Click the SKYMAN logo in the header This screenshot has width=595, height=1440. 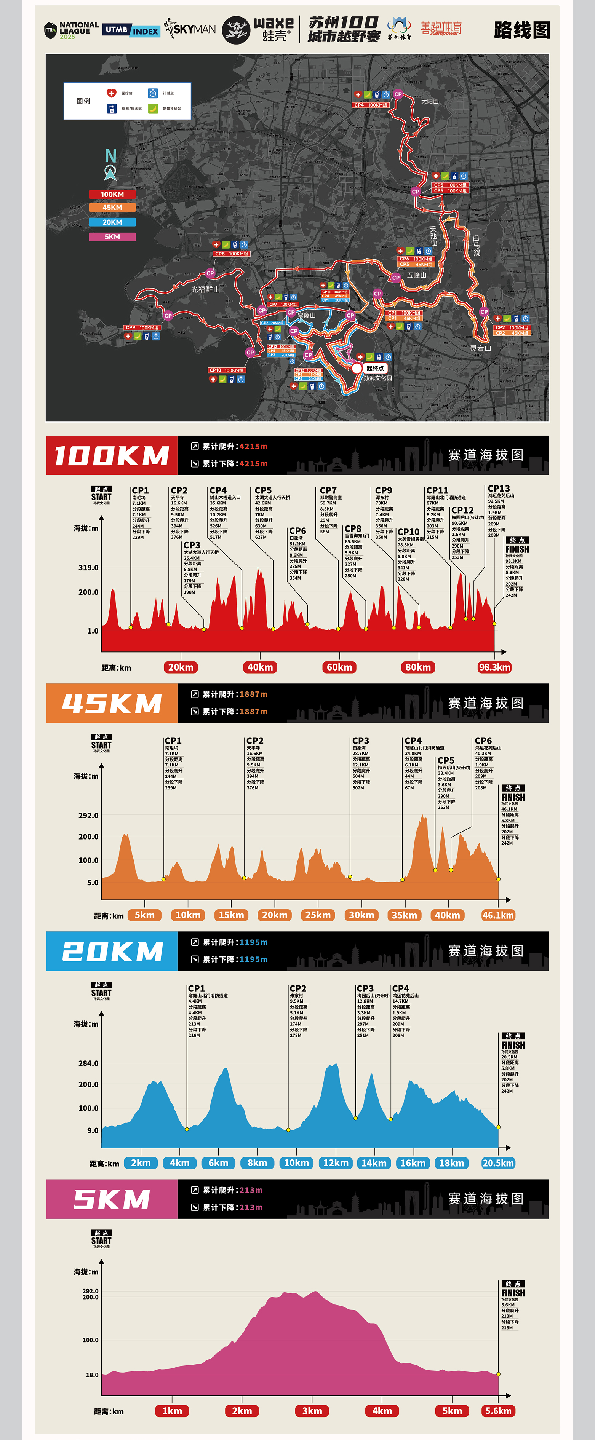point(190,29)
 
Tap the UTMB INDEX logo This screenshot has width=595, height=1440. point(131,30)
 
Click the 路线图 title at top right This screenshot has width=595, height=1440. point(522,30)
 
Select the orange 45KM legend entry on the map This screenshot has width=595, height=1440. point(112,208)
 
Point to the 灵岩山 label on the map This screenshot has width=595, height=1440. point(480,348)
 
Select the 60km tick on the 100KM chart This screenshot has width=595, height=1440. point(339,667)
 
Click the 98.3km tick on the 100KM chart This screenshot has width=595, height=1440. point(494,667)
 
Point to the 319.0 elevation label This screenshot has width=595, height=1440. point(88,567)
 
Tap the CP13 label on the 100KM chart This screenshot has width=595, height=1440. point(498,489)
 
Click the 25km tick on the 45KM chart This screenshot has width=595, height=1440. point(318,915)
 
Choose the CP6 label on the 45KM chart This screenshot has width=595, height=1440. point(483,741)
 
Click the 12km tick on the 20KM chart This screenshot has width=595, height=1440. point(336,1163)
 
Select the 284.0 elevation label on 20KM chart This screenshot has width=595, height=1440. point(88,1063)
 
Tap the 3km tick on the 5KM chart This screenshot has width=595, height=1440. point(312,1411)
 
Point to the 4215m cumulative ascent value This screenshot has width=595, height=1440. point(253,447)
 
